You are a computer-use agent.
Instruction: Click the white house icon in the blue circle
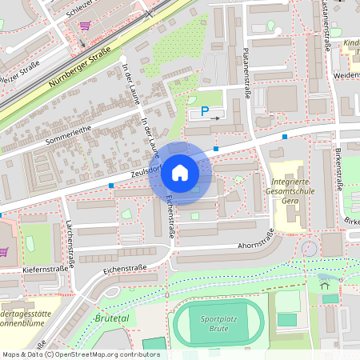(180, 172)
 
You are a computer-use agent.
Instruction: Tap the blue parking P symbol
(204, 112)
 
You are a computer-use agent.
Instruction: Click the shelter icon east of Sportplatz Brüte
(324, 282)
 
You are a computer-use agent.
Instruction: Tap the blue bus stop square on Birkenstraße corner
(285, 137)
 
